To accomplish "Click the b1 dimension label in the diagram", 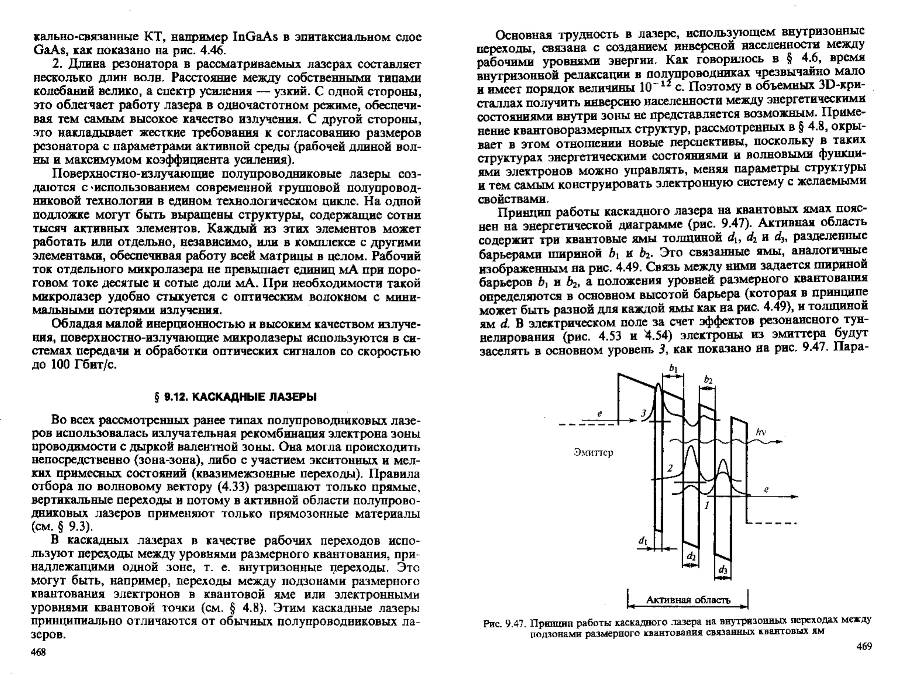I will coord(673,369).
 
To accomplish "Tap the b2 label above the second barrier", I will coord(708,380).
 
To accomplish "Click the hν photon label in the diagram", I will coord(761,431).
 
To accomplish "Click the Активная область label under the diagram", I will coord(688,600).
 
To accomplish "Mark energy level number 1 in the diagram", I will coord(707,505).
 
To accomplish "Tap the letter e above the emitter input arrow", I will coord(600,414).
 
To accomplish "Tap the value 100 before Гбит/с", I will coord(62,365).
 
